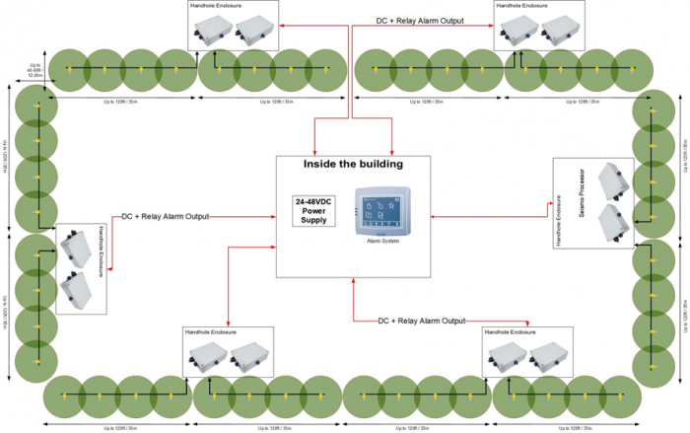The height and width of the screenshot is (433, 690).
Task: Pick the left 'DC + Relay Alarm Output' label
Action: (165, 216)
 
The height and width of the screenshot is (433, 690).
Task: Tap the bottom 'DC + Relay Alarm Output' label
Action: (421, 321)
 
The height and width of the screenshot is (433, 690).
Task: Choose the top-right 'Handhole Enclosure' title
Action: (522, 5)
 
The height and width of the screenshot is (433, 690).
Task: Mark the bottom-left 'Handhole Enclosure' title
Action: (210, 332)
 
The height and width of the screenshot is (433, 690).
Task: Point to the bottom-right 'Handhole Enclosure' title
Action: (511, 332)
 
